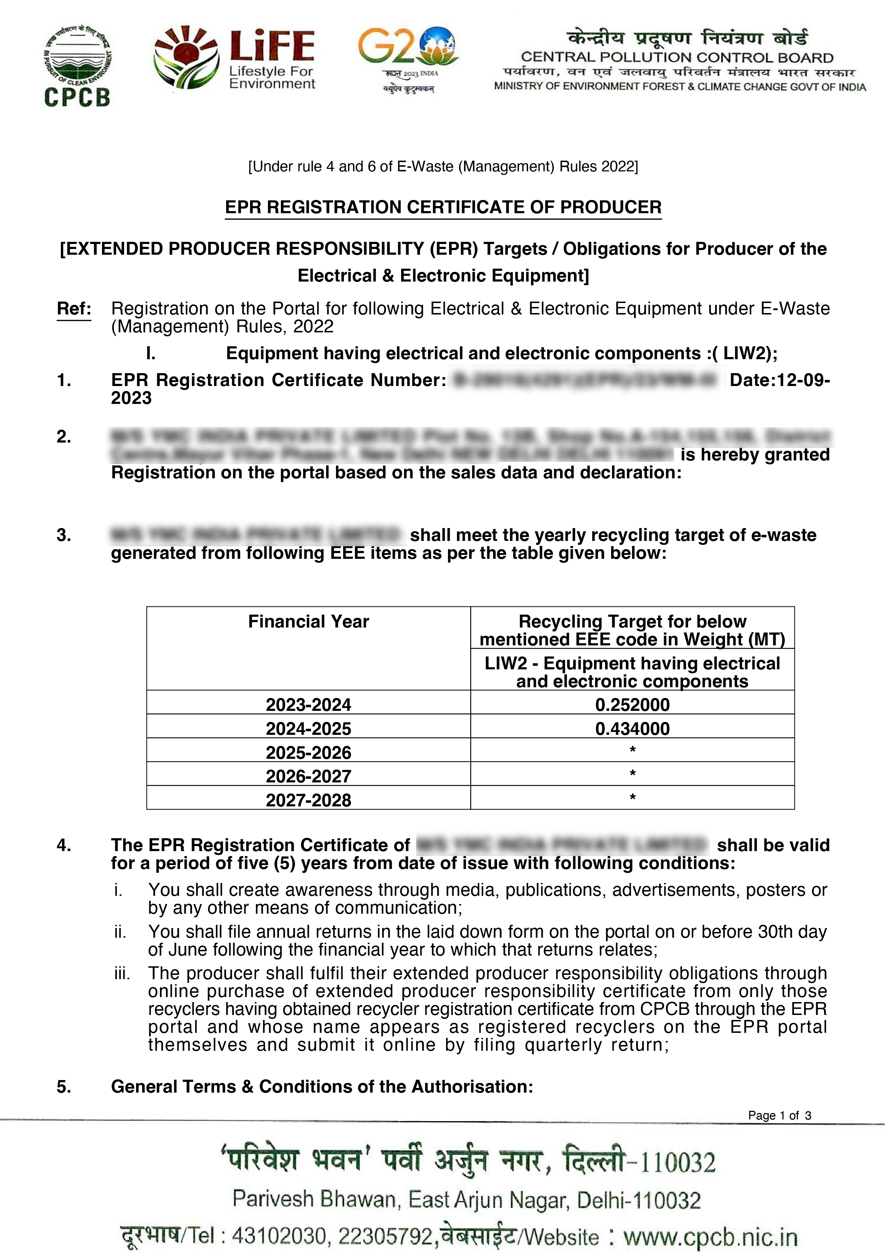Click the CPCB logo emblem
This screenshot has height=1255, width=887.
click(x=77, y=65)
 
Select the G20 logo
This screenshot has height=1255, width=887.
click(x=408, y=59)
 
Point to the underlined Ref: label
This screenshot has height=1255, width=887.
click(x=74, y=308)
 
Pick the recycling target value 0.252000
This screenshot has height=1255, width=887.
click(x=632, y=704)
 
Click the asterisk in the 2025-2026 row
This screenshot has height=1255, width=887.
click(x=632, y=750)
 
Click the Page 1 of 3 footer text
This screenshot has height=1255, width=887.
click(x=779, y=1115)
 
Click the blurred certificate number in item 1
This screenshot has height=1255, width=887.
click(x=586, y=380)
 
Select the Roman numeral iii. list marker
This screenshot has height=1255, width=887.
click(x=122, y=973)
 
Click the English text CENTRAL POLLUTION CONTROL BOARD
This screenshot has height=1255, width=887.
click(x=677, y=57)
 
